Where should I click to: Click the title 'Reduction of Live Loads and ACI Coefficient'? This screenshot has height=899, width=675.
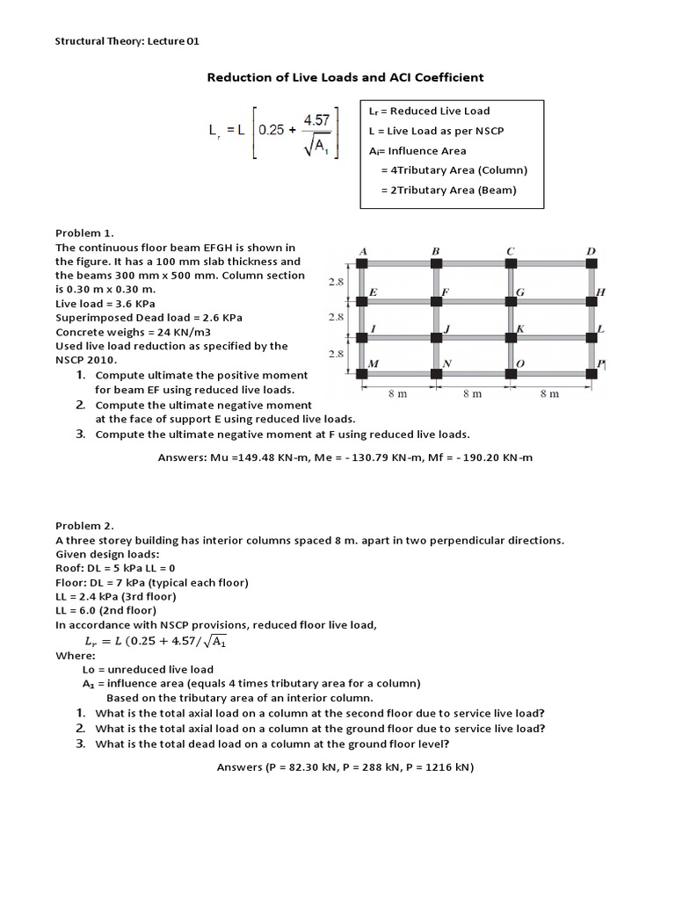tap(345, 77)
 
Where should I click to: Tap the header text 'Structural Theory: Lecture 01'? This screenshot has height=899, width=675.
tap(133, 40)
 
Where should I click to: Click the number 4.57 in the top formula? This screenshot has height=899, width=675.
tap(316, 118)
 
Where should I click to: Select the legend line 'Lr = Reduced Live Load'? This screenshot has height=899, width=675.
tap(429, 111)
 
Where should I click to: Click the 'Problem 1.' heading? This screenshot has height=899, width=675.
tap(85, 233)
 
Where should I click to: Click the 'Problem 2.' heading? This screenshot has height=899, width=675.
tap(85, 525)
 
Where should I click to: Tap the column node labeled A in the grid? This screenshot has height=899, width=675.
tap(361, 263)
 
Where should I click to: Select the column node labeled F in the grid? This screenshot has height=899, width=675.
tap(436, 300)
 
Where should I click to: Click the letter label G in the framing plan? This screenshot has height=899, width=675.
tap(521, 291)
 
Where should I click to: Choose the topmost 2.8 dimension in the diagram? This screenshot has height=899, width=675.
tap(336, 282)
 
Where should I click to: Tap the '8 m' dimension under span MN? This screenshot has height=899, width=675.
tap(397, 394)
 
